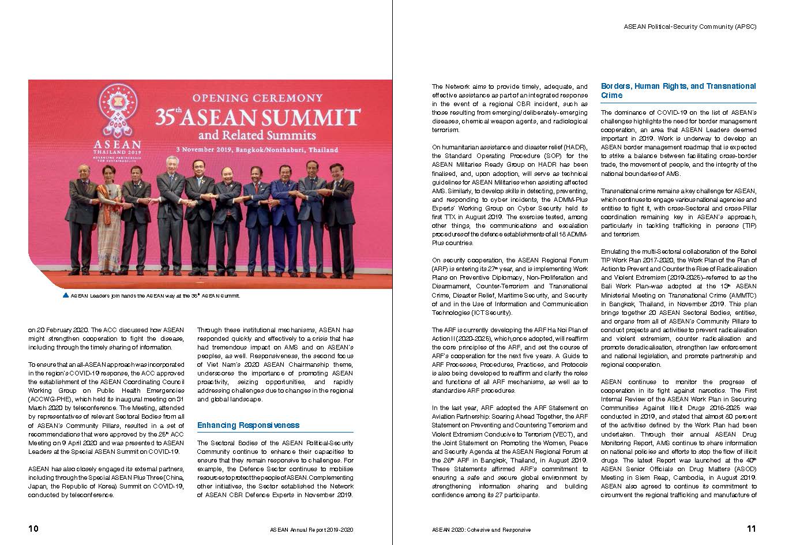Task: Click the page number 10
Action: point(33,528)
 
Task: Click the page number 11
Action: point(751,528)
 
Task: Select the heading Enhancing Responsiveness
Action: point(248,426)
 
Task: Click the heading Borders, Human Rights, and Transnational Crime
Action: point(678,91)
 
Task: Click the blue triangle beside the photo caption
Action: point(65,295)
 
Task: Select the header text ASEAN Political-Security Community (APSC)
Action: point(690,27)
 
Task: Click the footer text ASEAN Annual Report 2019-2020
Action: point(311,529)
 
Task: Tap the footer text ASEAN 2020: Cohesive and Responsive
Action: point(481,529)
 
